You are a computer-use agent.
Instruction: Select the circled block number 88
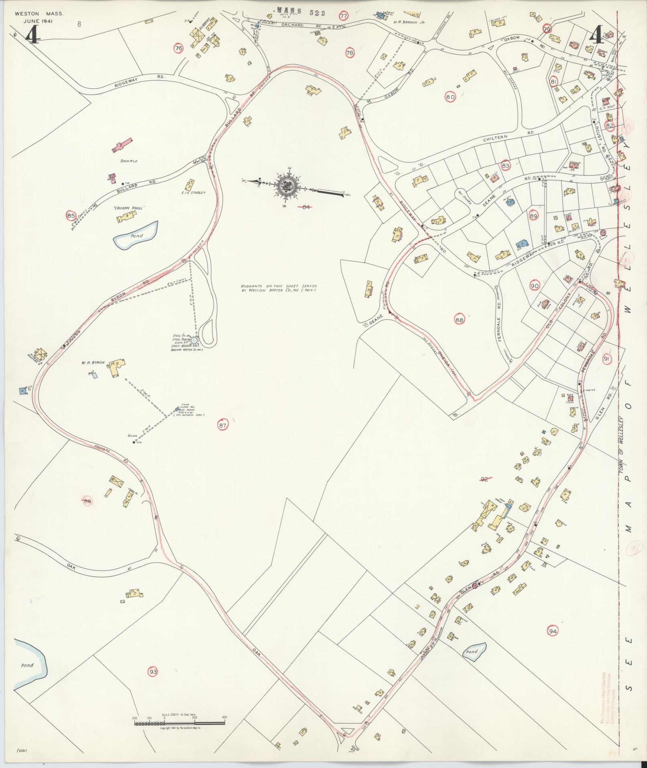pyautogui.click(x=460, y=320)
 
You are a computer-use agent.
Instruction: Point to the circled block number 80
pyautogui.click(x=450, y=97)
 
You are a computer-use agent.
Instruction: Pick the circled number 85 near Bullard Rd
pyautogui.click(x=71, y=216)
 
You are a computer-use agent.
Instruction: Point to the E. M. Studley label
pyautogui.click(x=193, y=193)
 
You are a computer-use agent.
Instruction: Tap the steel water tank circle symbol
pyautogui.click(x=194, y=340)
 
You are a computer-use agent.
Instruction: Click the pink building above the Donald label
pyautogui.click(x=123, y=145)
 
